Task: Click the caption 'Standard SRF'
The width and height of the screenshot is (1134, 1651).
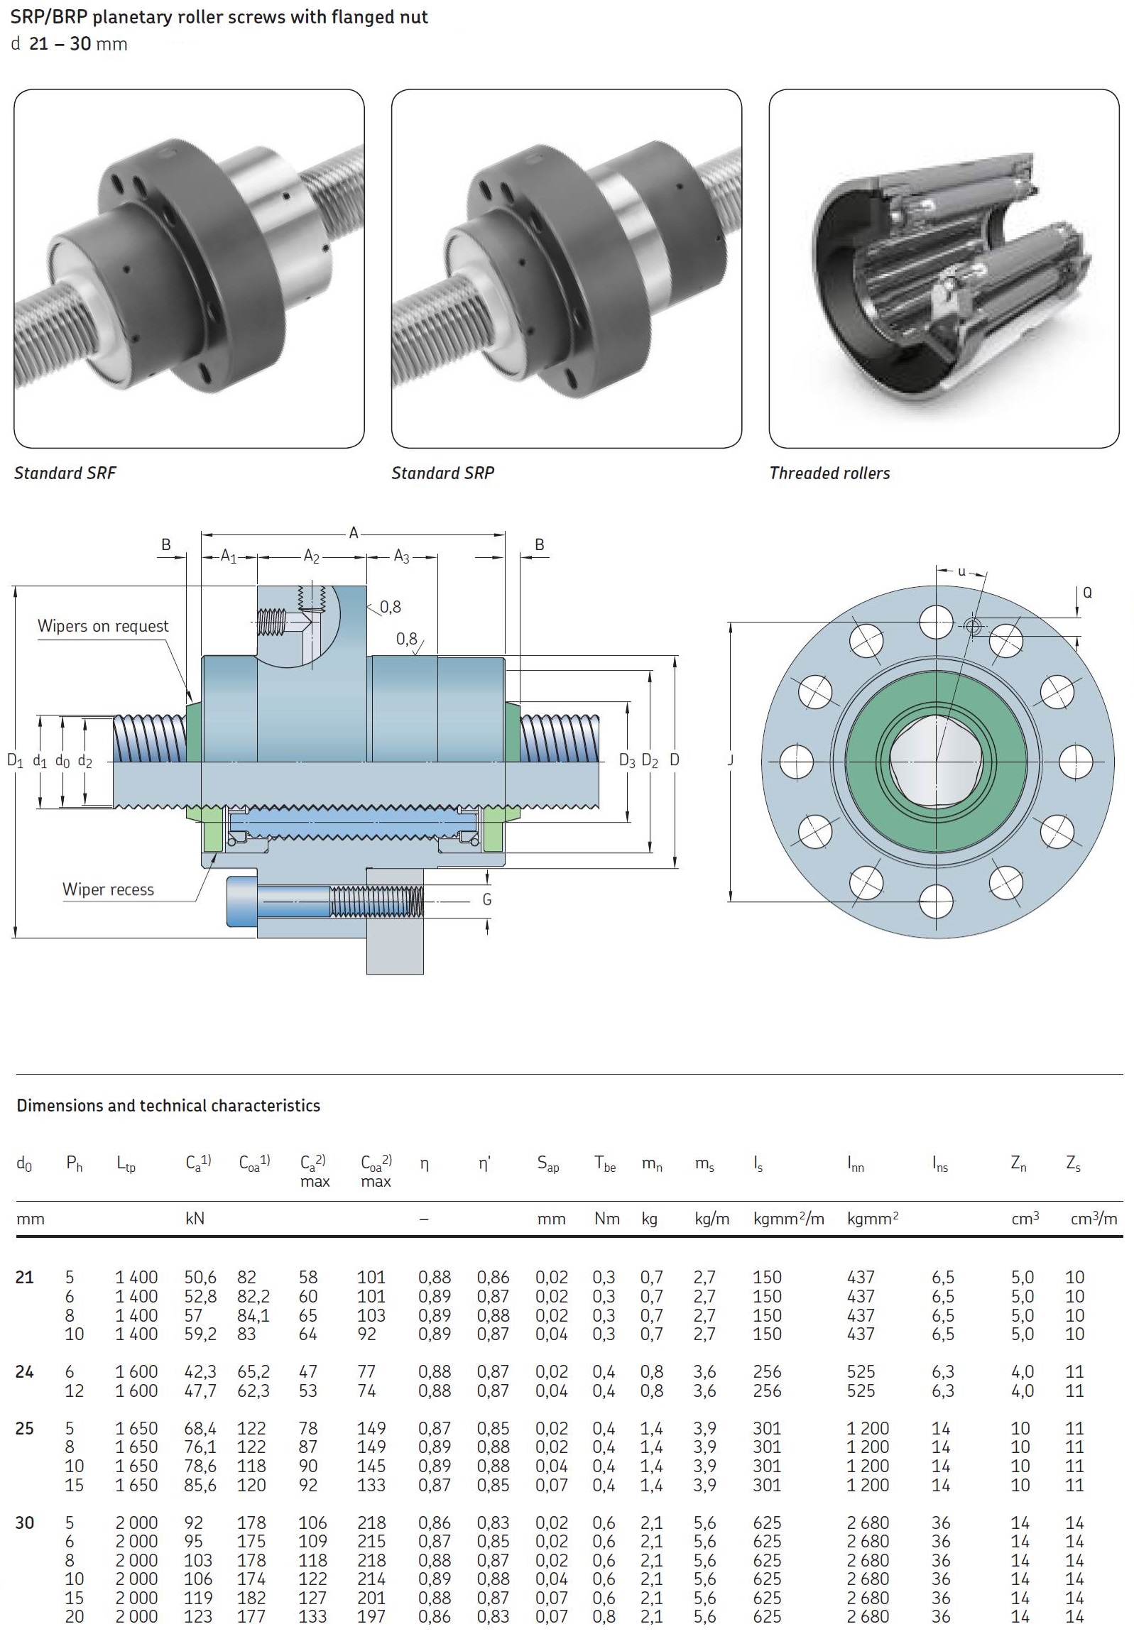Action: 65,473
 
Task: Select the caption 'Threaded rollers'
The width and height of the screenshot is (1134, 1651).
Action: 829,473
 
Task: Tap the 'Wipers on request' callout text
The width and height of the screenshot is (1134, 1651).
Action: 103,626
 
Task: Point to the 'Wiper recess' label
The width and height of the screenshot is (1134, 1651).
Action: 108,889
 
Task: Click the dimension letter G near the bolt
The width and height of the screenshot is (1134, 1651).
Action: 486,899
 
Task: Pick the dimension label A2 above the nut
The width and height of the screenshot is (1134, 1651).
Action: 312,556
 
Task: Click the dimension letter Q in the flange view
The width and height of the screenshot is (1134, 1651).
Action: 1086,593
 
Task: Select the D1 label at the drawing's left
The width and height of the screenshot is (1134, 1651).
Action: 15,761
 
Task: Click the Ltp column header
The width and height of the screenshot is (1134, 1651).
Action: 126,1163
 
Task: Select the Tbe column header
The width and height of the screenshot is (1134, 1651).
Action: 605,1163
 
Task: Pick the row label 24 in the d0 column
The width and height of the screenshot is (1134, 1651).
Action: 25,1372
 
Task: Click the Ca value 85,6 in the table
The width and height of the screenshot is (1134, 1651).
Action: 200,1485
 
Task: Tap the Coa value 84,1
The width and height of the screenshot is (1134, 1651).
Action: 253,1316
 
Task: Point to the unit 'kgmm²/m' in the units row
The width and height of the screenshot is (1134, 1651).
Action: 789,1219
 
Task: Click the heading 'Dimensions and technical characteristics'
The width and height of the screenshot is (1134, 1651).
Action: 168,1105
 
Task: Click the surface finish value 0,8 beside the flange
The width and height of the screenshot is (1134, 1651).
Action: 390,607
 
